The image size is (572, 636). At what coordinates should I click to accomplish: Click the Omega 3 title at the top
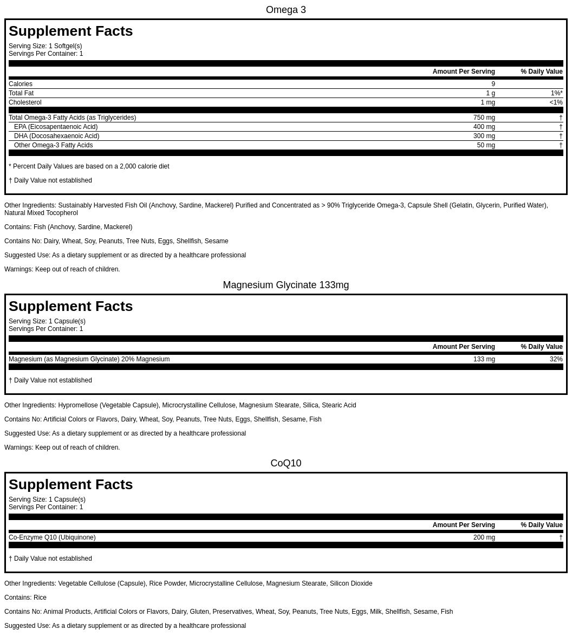point(285,10)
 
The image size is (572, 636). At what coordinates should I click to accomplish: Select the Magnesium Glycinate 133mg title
point(285,285)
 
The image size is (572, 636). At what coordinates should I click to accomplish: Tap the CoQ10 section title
point(285,463)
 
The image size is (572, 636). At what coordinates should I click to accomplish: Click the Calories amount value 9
point(493,84)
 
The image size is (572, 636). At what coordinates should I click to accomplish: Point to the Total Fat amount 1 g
point(490,93)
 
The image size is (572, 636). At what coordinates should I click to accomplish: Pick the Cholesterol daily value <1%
point(556,102)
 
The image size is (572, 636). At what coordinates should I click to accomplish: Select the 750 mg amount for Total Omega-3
point(484,118)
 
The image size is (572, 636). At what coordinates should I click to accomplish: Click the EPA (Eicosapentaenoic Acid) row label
point(56,127)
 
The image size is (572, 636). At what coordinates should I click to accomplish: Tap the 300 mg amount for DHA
point(484,136)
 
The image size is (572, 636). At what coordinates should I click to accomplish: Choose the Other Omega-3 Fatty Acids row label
point(53,145)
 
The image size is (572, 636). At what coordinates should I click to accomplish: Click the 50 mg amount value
point(486,145)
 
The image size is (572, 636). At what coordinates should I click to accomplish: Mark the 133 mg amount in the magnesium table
point(484,359)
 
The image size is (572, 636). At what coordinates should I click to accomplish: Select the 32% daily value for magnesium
point(556,359)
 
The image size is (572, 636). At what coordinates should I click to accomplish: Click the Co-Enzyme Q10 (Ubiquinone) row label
point(52,537)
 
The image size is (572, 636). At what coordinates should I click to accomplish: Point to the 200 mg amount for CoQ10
point(484,537)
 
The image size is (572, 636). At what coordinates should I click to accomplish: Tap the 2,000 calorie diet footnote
point(89,166)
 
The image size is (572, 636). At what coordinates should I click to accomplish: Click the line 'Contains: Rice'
point(25,598)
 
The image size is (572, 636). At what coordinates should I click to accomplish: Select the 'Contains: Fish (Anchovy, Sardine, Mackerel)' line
point(68,227)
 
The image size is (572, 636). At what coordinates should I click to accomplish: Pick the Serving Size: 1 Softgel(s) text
point(45,46)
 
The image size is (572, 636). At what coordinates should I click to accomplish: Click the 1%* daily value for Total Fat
point(556,93)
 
